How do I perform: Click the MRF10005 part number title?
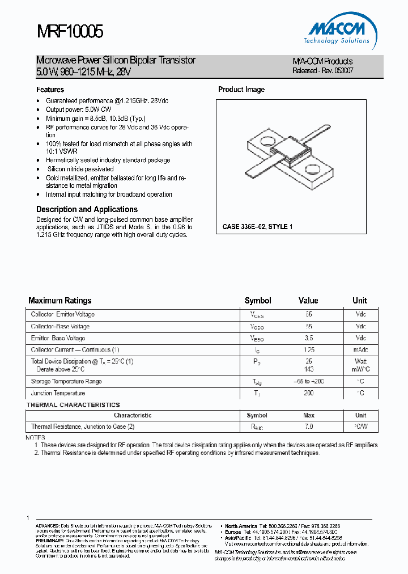tap(70, 32)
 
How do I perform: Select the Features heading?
tap(50, 90)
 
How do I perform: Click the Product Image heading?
tap(241, 90)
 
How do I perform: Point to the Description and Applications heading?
tap(87, 209)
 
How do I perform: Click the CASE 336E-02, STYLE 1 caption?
tap(257, 227)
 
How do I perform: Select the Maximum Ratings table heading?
tap(59, 301)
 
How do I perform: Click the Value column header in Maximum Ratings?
tap(308, 301)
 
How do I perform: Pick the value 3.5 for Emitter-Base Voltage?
tap(308, 339)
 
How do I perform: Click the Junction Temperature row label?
tap(58, 393)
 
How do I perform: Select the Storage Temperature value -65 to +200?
tap(308, 382)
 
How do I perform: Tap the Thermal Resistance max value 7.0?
tap(308, 427)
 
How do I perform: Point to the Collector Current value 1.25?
tap(308, 351)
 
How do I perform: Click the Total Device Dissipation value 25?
tap(308, 361)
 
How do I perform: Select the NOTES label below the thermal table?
tap(36, 438)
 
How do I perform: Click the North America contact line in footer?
tap(278, 526)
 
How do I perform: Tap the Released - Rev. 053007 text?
tap(322, 71)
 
